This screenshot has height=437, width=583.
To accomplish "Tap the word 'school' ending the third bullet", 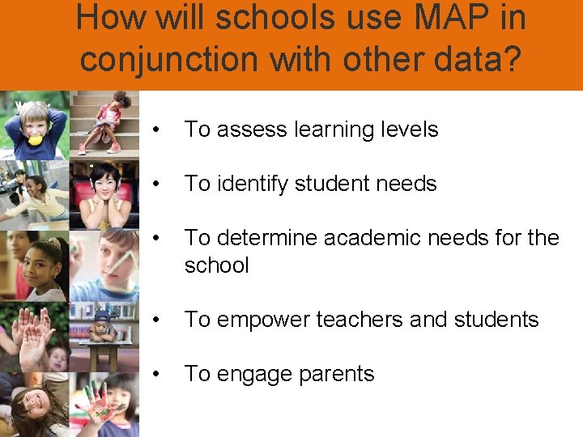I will coord(216,265).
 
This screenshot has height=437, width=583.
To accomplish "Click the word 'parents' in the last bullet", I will coord(336,374).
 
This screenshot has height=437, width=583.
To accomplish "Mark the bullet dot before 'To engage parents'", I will coord(164,374).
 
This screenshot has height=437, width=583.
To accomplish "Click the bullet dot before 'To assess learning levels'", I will coord(164,129).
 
